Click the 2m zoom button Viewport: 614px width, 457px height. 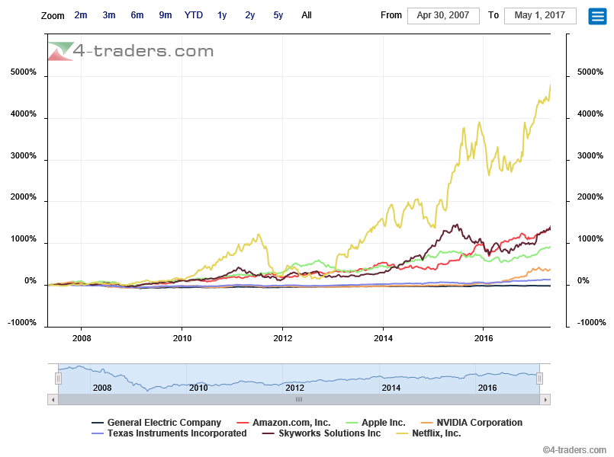pos(81,15)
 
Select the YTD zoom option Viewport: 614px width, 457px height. pos(194,15)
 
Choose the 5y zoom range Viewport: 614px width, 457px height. pos(278,15)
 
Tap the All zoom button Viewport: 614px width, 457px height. pos(307,15)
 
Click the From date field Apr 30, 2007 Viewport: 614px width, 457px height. pos(443,15)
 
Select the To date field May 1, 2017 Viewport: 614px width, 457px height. pos(540,15)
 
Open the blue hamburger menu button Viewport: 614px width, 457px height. pos(597,16)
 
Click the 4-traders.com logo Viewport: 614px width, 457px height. pos(130,51)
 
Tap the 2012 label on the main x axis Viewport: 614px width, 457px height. pos(283,337)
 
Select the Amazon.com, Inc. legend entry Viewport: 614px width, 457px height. pos(292,423)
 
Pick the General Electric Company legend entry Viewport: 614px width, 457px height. pos(164,423)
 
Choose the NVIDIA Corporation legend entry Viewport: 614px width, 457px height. pos(479,423)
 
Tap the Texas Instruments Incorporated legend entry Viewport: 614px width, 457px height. pos(177,433)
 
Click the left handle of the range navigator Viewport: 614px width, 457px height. pos(58,379)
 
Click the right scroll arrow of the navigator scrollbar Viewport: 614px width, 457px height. pos(545,399)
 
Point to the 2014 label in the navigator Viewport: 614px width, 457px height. pos(391,388)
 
